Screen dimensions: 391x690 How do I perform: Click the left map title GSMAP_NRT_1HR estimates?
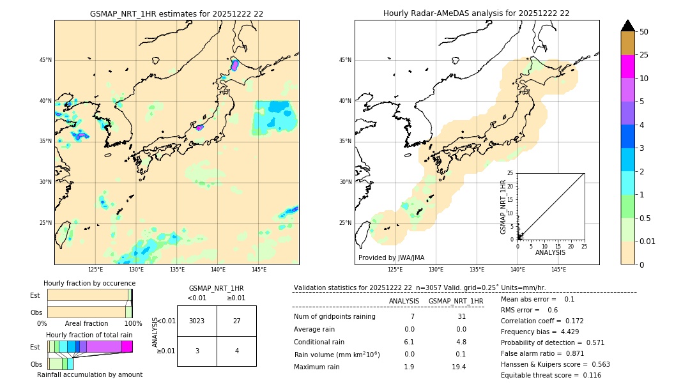176,13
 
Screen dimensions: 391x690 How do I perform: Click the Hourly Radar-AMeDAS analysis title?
476,13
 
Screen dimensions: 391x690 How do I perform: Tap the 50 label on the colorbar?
644,31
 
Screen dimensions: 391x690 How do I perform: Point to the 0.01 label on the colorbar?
648,241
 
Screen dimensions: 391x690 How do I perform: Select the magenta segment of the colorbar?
627,66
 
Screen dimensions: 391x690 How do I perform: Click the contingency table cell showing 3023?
197,321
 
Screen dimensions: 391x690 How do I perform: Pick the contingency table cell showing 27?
236,321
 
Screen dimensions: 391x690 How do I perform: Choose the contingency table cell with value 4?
236,351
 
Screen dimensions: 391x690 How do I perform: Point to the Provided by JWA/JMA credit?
391,257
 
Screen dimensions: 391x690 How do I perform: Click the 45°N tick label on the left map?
45,60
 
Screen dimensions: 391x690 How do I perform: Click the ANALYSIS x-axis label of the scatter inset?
550,253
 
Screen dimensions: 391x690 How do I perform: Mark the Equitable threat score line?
551,375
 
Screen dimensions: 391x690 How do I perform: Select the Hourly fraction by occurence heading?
89,283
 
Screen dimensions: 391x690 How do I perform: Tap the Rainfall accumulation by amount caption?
89,374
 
